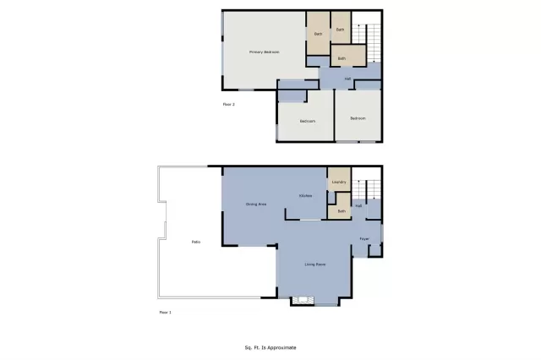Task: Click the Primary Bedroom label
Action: (264, 52)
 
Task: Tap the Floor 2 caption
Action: (228, 104)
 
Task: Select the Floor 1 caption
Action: (165, 312)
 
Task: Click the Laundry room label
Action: (339, 182)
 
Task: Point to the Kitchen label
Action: (306, 196)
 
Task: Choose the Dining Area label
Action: (256, 205)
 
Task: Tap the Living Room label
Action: (315, 265)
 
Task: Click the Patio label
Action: (195, 243)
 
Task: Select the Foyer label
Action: (364, 238)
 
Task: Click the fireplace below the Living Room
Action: (303, 300)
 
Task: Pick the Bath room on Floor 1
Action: (342, 210)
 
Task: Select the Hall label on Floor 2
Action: (347, 79)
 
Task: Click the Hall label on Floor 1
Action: (358, 205)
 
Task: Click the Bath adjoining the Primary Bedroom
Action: (318, 34)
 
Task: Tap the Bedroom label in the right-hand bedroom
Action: (358, 118)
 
